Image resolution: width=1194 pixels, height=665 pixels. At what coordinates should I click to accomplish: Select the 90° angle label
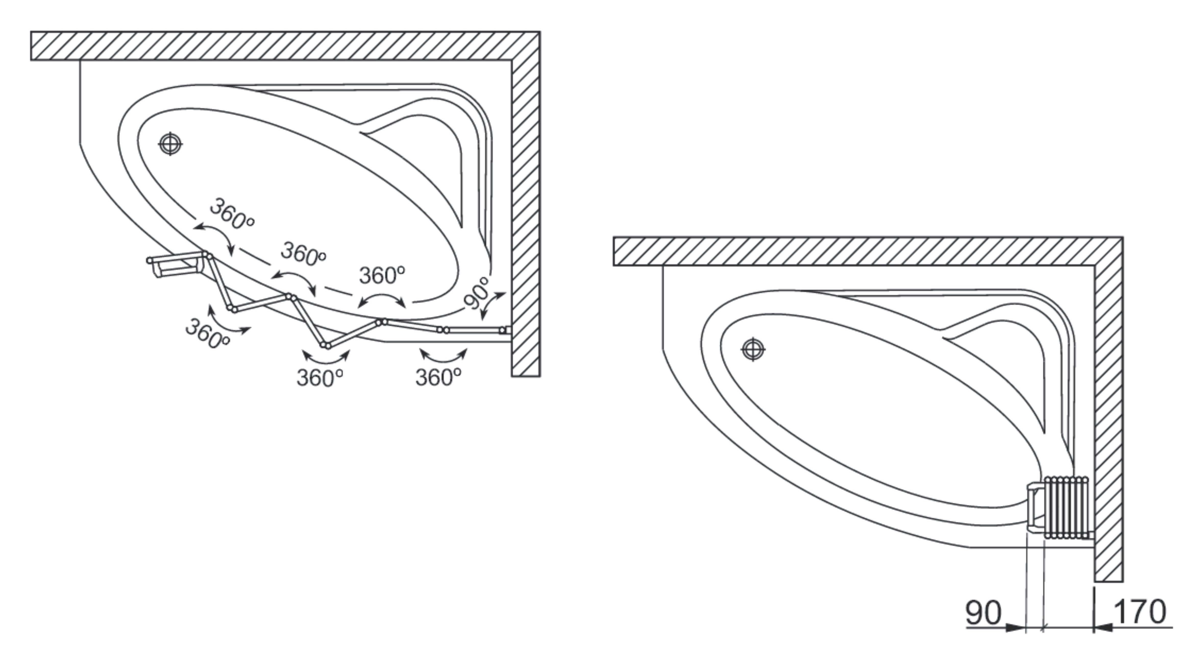coord(477,293)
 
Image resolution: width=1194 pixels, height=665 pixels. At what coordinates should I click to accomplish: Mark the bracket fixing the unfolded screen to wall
coord(508,330)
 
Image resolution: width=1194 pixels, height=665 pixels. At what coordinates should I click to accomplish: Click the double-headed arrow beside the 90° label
coord(493,306)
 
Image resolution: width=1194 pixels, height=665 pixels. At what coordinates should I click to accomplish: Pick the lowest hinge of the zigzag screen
coord(325,345)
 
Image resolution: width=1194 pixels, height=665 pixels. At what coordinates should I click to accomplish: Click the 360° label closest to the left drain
coord(232,214)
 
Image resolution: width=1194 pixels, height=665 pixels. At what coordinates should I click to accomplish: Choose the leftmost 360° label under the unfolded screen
coord(207,333)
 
